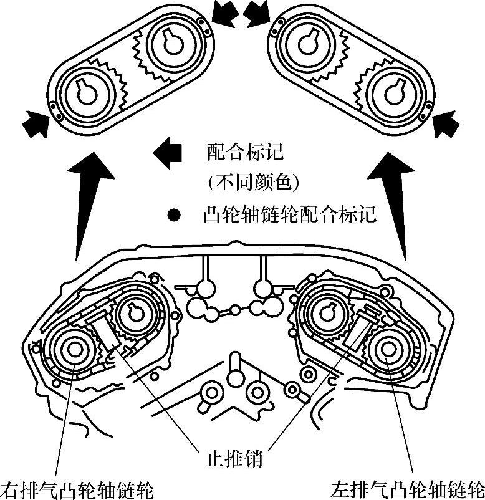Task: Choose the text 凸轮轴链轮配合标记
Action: point(289,215)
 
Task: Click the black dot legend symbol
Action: point(174,216)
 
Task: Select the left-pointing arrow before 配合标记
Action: point(167,151)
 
